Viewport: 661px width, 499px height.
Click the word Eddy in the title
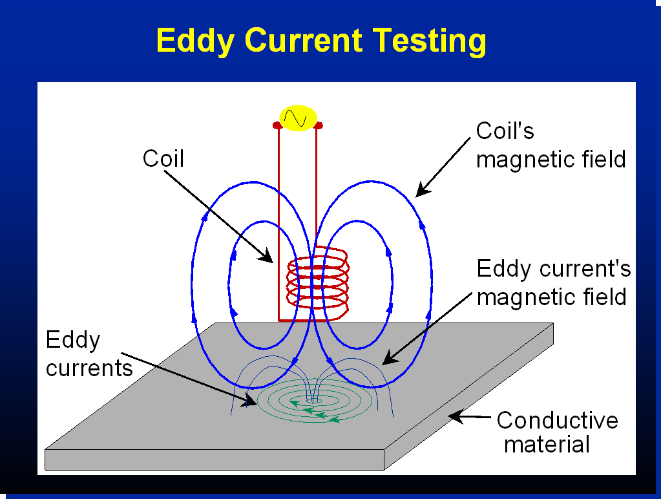coord(195,41)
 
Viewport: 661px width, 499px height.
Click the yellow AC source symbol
coord(298,118)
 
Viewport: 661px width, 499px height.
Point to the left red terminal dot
coord(277,125)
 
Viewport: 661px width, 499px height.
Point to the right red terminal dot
coord(319,125)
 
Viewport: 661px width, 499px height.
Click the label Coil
coord(163,158)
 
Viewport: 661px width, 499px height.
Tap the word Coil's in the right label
coord(505,131)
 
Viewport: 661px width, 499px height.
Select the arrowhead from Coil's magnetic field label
coord(423,189)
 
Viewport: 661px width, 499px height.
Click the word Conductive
coord(558,420)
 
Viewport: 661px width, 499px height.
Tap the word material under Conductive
coord(547,445)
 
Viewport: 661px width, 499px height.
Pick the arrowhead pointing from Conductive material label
coord(456,416)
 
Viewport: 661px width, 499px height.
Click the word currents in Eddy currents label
coord(89,368)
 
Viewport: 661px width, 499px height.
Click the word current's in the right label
coord(586,269)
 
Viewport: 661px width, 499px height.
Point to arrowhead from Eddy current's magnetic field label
coord(390,358)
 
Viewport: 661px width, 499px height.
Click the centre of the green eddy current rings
coord(314,400)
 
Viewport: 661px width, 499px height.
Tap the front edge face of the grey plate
coord(214,460)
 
